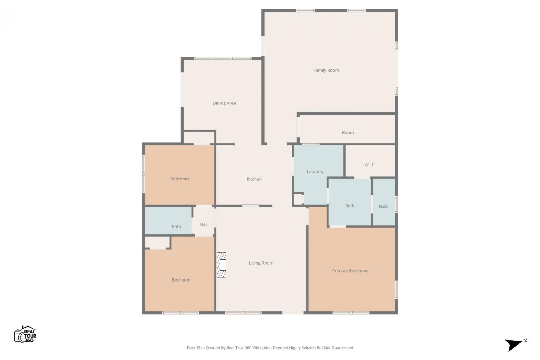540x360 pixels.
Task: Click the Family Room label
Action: click(x=326, y=71)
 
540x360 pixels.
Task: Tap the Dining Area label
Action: click(x=224, y=103)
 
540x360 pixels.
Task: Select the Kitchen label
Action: click(x=254, y=179)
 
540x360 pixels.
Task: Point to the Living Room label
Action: click(x=261, y=263)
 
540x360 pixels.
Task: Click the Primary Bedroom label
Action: click(x=350, y=271)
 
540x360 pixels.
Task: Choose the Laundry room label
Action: click(x=315, y=172)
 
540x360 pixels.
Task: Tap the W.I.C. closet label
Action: click(x=370, y=165)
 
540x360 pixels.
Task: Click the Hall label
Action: click(x=204, y=225)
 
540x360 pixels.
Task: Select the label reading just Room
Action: click(x=348, y=132)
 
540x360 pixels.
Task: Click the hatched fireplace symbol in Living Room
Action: click(x=221, y=265)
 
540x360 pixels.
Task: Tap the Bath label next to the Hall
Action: click(x=176, y=227)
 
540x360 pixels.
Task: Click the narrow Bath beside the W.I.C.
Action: click(x=383, y=206)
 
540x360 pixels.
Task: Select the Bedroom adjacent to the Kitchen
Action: click(x=180, y=179)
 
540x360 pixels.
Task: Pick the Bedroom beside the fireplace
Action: click(x=181, y=280)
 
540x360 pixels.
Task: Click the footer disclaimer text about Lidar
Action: click(x=270, y=348)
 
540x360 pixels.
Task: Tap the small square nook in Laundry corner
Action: click(x=298, y=199)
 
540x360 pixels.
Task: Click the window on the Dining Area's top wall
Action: click(x=223, y=58)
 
